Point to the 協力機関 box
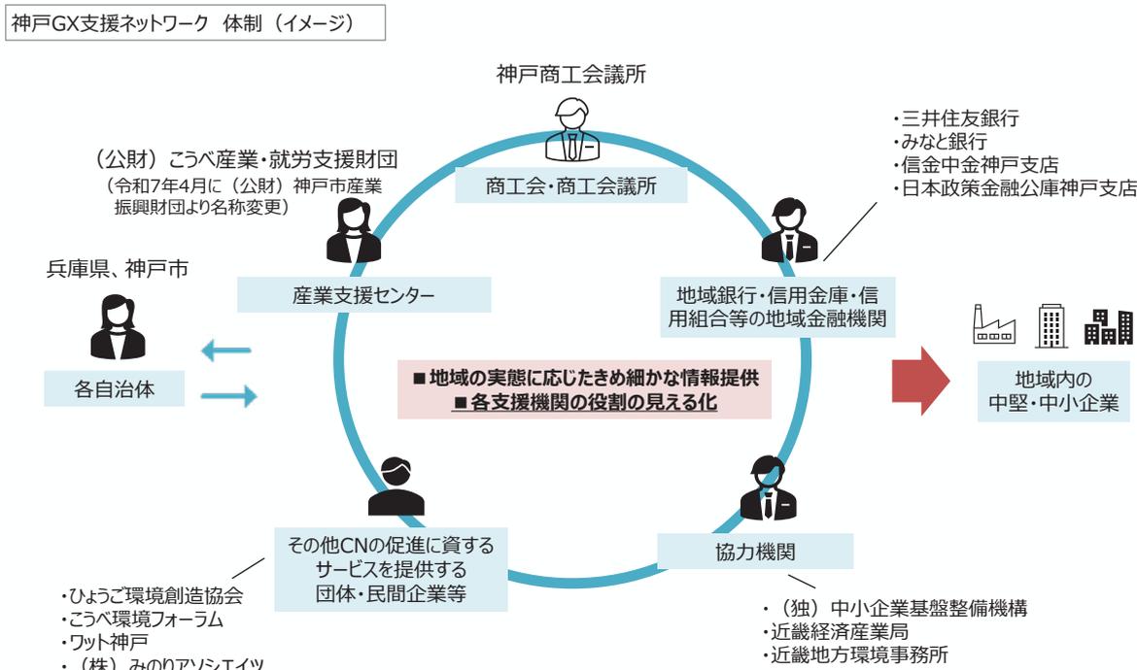[x=755, y=553]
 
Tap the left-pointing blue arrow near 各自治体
[x=225, y=352]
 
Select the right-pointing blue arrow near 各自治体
[x=229, y=394]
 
